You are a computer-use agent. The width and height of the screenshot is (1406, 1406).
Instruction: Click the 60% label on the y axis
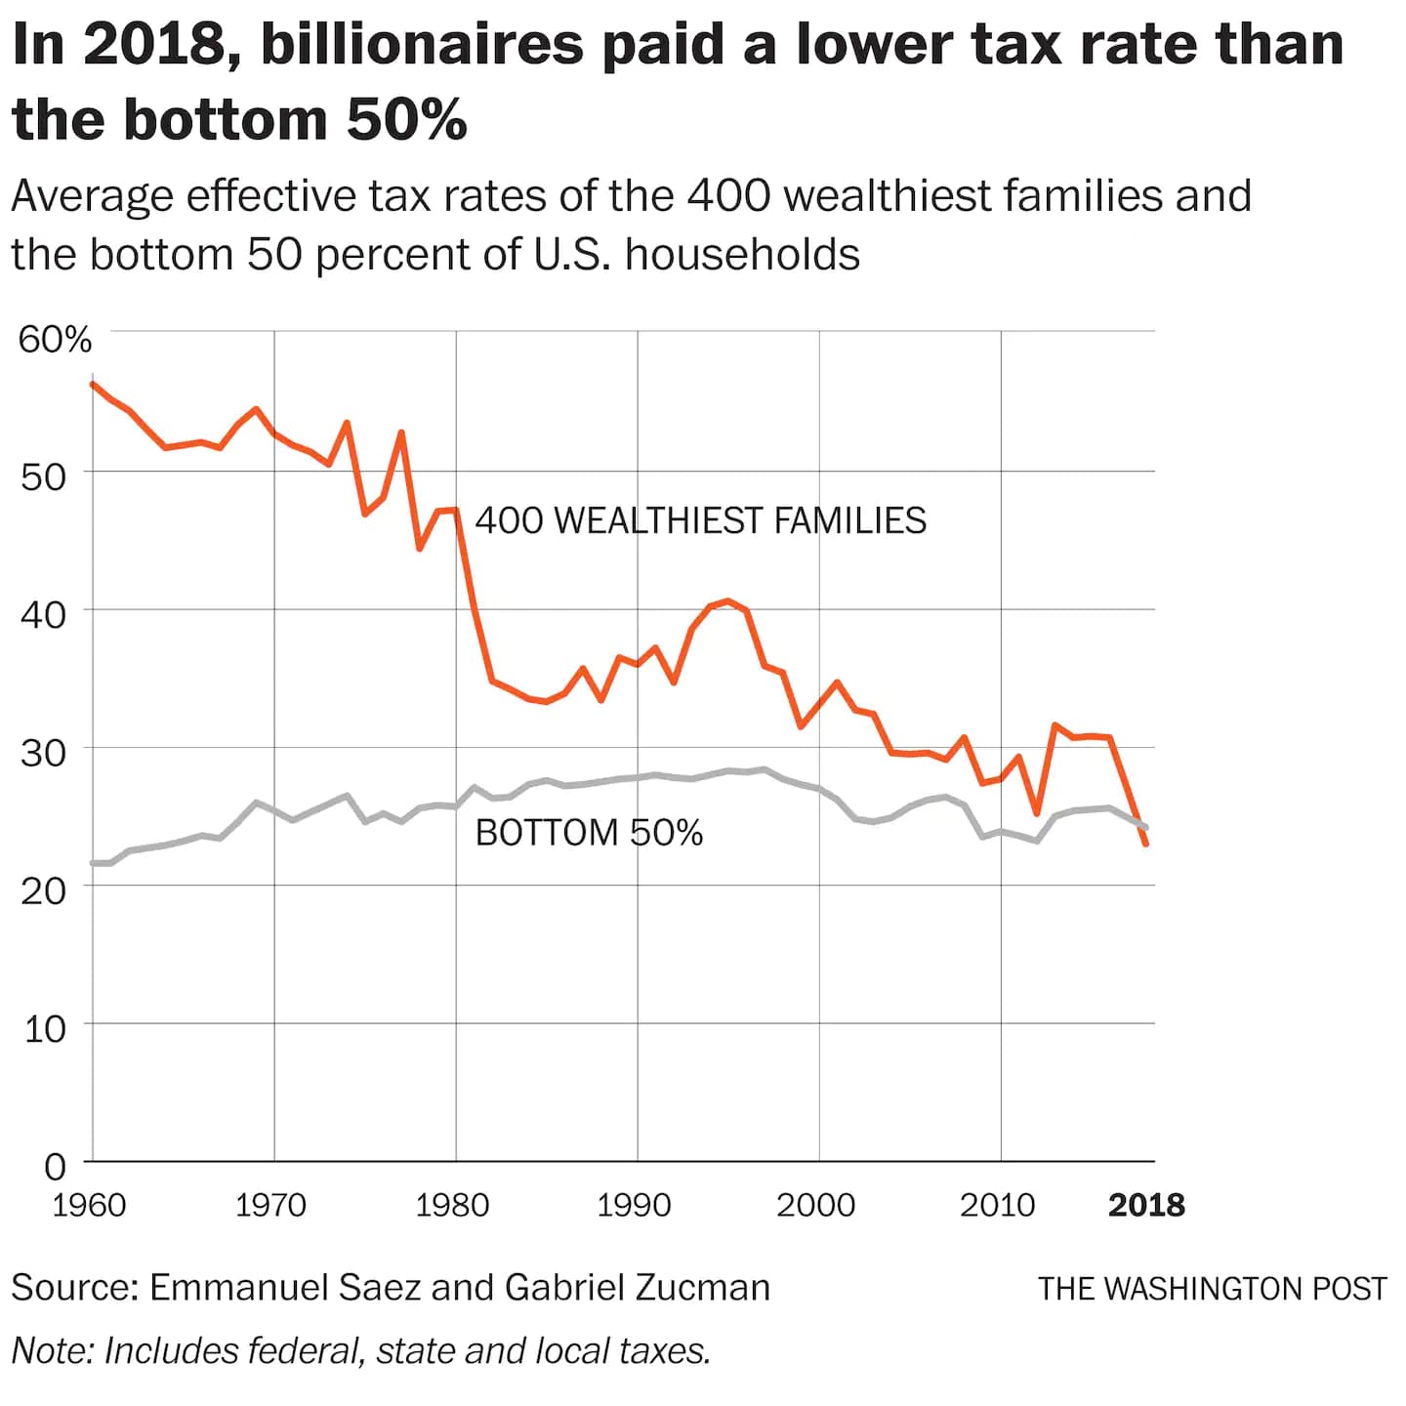point(55,340)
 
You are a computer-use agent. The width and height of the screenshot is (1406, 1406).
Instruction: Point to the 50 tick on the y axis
point(43,477)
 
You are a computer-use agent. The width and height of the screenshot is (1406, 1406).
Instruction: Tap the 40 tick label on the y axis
point(43,615)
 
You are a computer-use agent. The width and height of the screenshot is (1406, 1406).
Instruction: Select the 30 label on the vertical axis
point(43,753)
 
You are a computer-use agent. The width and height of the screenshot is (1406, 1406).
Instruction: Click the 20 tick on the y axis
point(43,890)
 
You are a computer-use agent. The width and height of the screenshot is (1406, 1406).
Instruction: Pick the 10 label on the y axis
point(43,1029)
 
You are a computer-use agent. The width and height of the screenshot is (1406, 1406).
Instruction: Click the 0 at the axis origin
point(55,1167)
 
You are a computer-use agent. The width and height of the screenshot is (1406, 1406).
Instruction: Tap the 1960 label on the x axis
point(89,1206)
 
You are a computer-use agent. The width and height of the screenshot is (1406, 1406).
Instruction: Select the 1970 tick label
point(270,1206)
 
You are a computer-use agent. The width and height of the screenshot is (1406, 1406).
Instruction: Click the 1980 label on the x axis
point(452,1206)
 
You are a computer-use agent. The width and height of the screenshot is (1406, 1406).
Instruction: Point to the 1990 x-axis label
point(634,1206)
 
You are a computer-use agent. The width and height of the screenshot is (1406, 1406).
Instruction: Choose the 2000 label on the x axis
point(815,1206)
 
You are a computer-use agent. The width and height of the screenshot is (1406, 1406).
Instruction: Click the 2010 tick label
point(997,1206)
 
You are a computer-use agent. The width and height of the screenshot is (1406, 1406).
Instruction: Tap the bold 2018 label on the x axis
point(1146,1206)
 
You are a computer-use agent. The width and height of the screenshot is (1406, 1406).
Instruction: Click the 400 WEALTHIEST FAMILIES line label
point(700,520)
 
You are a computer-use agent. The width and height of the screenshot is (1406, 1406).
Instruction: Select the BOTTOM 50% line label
point(589,833)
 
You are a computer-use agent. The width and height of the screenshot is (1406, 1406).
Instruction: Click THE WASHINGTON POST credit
point(1212,1289)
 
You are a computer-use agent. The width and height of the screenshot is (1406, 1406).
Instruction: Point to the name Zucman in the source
point(702,1288)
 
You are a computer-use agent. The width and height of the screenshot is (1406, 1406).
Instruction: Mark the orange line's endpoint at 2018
point(1145,844)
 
